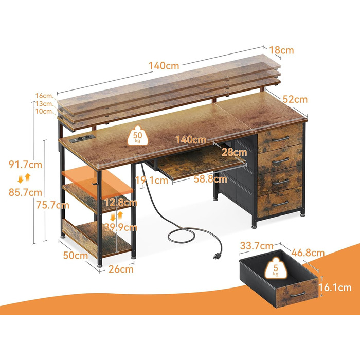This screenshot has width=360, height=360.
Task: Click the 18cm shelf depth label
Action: pyautogui.click(x=281, y=50)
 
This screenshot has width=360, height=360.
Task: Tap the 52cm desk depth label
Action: pyautogui.click(x=295, y=99)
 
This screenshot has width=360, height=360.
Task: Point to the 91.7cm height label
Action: pyautogui.click(x=26, y=165)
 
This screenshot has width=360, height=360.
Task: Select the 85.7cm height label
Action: pyautogui.click(x=26, y=192)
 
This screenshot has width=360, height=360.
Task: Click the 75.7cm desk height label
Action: pyautogui.click(x=52, y=205)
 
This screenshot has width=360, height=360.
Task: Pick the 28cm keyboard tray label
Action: pyautogui.click(x=234, y=152)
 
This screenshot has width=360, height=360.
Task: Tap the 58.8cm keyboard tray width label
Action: pyautogui.click(x=210, y=179)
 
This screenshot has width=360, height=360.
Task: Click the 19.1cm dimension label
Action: pyautogui.click(x=152, y=180)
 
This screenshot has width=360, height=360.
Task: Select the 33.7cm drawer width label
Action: pyautogui.click(x=257, y=246)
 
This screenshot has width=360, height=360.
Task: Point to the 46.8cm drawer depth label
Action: pyautogui.click(x=308, y=253)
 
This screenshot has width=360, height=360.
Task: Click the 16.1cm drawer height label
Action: pyautogui.click(x=335, y=287)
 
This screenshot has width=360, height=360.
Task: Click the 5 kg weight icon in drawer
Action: pyautogui.click(x=276, y=268)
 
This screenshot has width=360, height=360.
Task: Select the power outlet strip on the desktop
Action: pyautogui.click(x=83, y=139)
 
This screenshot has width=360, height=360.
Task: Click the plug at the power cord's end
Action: pyautogui.click(x=217, y=255)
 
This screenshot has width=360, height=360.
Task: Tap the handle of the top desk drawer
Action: pyautogui.click(x=280, y=139)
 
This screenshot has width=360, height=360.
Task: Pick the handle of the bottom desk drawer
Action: pyautogui.click(x=280, y=203)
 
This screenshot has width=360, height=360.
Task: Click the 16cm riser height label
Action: pyautogui.click(x=44, y=96)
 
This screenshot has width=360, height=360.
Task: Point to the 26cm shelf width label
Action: pyautogui.click(x=121, y=269)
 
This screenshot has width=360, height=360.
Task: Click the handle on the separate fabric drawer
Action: pyautogui.click(x=298, y=294)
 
